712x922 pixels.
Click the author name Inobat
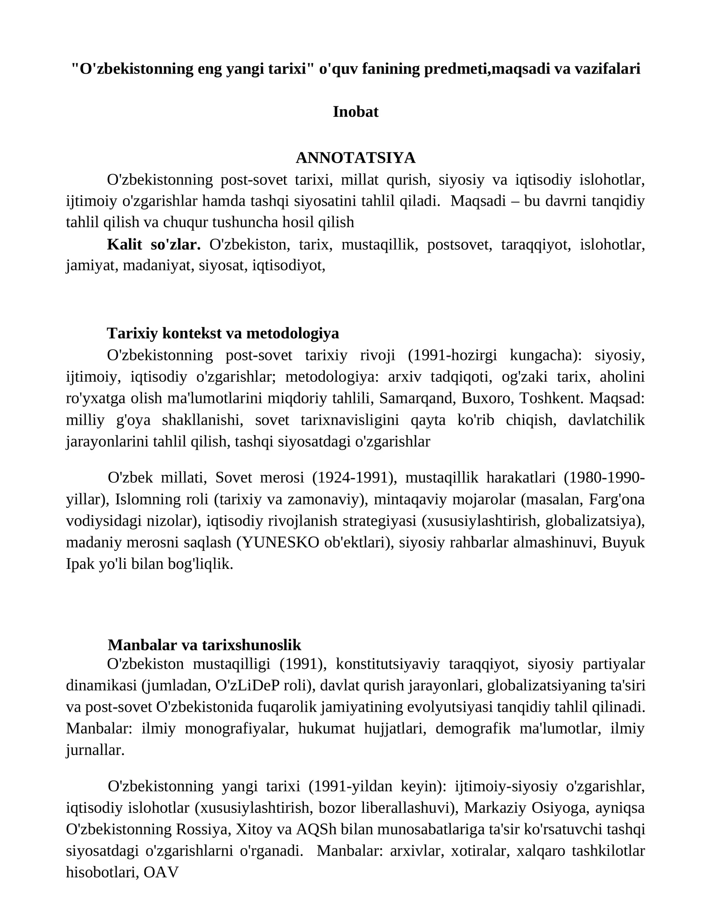[356, 111]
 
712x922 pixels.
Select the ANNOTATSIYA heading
[356, 157]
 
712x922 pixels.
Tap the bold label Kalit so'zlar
[154, 245]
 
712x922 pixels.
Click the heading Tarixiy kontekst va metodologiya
[223, 333]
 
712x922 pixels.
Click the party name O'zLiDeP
[244, 685]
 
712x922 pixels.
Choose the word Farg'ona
[616, 499]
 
